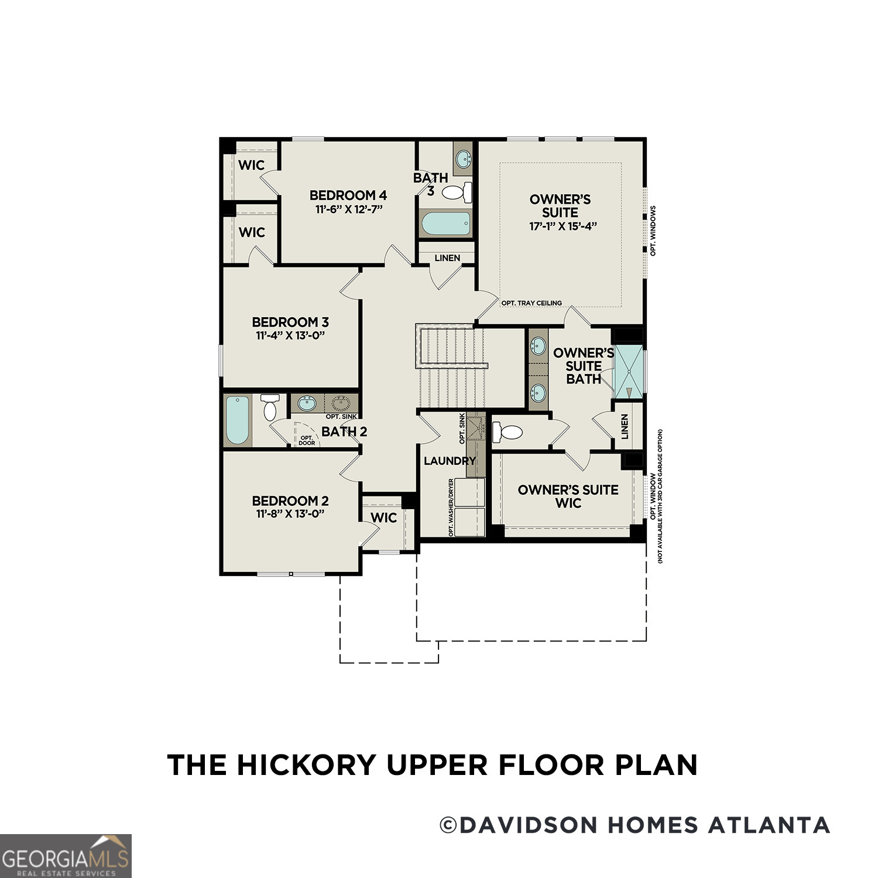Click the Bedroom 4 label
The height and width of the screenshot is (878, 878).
pos(348,196)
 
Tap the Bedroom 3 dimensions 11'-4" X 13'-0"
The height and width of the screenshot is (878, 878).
pos(290,335)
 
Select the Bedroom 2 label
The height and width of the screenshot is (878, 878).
pos(290,501)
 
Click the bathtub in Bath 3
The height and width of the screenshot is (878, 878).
pos(445,224)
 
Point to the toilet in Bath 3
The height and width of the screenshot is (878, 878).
pos(457,191)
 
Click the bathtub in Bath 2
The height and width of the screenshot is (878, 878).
pos(238,420)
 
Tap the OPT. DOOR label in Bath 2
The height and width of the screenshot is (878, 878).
pos(307,440)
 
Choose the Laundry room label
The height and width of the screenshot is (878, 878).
pos(450,461)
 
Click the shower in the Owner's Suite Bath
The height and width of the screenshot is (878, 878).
pos(627,372)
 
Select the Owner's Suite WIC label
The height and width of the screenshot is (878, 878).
pos(568,496)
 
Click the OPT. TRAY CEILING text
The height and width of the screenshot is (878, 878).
pos(531,303)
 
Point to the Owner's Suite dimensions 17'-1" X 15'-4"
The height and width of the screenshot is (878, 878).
pos(563,226)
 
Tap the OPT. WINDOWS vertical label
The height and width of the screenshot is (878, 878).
pos(653,231)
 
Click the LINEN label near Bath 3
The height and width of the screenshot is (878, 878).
pos(447,258)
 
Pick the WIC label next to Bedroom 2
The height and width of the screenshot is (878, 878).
pos(384,518)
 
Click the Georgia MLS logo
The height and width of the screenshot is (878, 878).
pos(66,856)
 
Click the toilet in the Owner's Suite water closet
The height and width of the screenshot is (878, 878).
pos(507,433)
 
